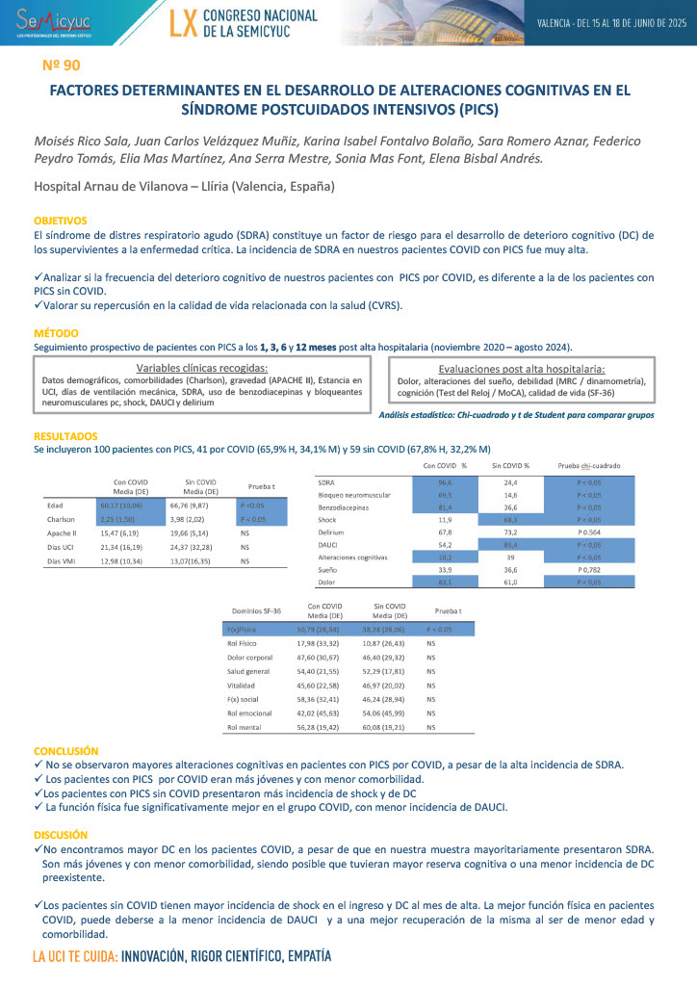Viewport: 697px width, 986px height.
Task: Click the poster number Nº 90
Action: [62, 65]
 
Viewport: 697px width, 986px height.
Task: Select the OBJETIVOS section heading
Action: [60, 221]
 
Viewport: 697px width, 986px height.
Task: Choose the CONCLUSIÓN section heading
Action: [66, 750]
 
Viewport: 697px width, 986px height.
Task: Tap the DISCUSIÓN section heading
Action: [61, 835]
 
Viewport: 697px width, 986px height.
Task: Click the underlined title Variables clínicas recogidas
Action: [202, 368]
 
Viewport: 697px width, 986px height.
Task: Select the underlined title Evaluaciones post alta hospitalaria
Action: [521, 368]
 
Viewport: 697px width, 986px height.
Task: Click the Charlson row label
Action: [62, 519]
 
